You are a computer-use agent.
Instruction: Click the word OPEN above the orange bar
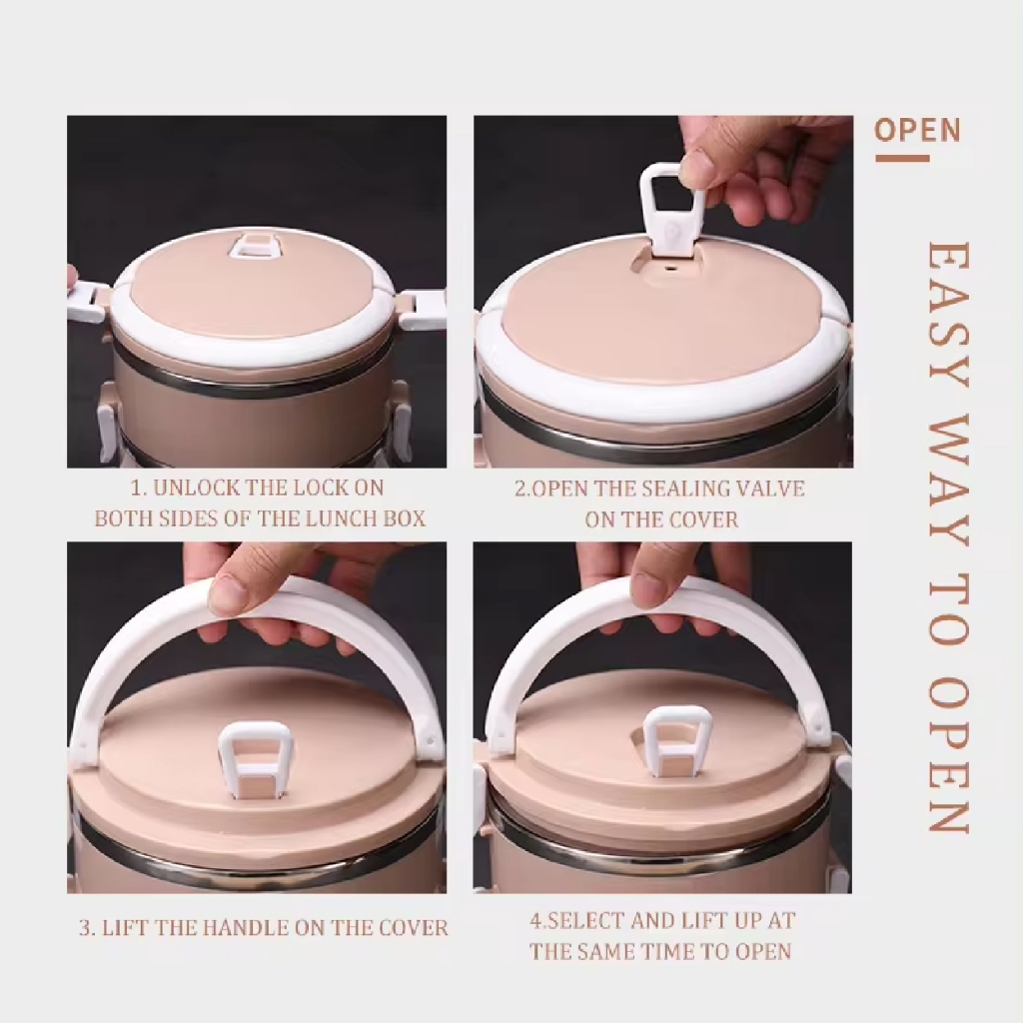click(x=917, y=130)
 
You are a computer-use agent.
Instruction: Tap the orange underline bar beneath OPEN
click(x=902, y=158)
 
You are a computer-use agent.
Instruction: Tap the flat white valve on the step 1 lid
click(x=254, y=248)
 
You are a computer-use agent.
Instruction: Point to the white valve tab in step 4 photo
click(x=677, y=743)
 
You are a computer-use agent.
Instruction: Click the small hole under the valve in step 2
click(x=668, y=267)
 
